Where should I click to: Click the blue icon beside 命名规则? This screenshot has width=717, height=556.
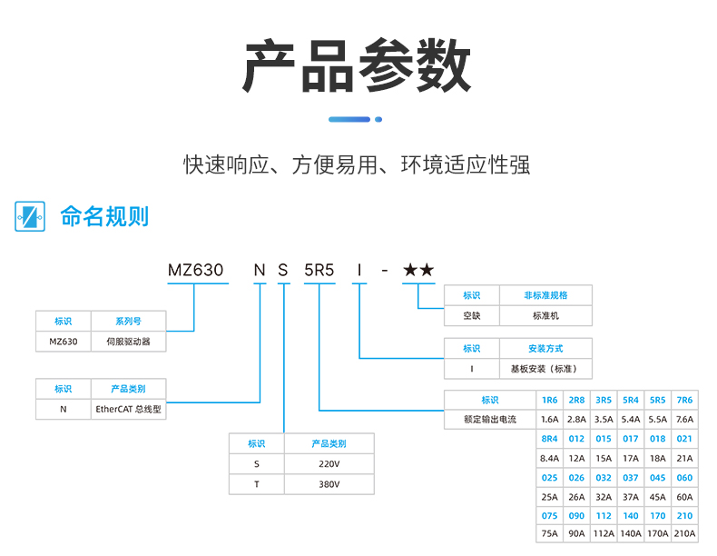pyautogui.click(x=30, y=216)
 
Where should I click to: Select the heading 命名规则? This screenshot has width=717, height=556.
pyautogui.click(x=104, y=216)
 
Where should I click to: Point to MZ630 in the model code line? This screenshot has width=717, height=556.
pyautogui.click(x=195, y=270)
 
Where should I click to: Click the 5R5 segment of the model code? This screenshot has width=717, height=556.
pyautogui.click(x=319, y=270)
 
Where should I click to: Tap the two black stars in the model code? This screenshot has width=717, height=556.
pyautogui.click(x=418, y=270)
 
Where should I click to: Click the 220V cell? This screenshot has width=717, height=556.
pyautogui.click(x=329, y=463)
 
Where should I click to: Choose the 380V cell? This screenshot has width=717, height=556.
pyautogui.click(x=329, y=484)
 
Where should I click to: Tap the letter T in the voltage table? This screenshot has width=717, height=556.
pyautogui.click(x=257, y=484)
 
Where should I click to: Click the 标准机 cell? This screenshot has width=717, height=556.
pyautogui.click(x=546, y=316)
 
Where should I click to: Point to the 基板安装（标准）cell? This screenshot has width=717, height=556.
pyautogui.click(x=546, y=369)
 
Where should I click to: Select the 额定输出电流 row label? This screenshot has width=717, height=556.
pyautogui.click(x=490, y=420)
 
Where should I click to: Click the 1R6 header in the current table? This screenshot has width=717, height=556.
pyautogui.click(x=550, y=400)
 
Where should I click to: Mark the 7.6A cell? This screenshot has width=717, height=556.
pyautogui.click(x=684, y=420)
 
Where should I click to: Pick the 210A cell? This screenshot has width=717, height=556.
pyautogui.click(x=684, y=534)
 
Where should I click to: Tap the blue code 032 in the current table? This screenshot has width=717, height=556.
pyautogui.click(x=604, y=477)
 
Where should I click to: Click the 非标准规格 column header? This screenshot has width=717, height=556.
pyautogui.click(x=546, y=295)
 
